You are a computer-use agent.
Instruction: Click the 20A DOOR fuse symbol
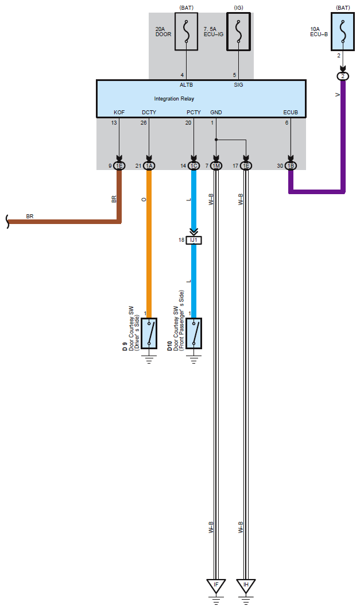tap(187, 33)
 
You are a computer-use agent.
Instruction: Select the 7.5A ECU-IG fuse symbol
tap(238, 33)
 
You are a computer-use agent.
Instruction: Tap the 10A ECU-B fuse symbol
tap(342, 33)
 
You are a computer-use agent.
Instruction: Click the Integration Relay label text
tap(174, 99)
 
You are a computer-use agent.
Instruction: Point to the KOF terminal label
tap(119, 113)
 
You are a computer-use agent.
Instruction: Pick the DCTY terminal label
tap(149, 113)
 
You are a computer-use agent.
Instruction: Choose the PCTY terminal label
tap(193, 113)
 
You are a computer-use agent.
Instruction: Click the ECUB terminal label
tap(291, 113)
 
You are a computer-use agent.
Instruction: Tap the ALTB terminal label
tap(186, 84)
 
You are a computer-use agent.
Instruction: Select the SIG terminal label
tap(238, 84)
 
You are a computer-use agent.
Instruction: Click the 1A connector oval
tap(149, 166)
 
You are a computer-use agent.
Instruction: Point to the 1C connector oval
tap(194, 166)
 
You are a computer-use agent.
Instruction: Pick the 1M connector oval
tap(216, 166)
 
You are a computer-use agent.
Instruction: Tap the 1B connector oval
tap(291, 166)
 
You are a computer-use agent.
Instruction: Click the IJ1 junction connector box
tap(194, 240)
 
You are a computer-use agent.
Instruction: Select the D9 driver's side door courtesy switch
tap(149, 333)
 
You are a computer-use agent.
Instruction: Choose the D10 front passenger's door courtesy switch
tap(194, 333)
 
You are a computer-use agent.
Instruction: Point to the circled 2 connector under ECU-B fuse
tap(342, 76)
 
